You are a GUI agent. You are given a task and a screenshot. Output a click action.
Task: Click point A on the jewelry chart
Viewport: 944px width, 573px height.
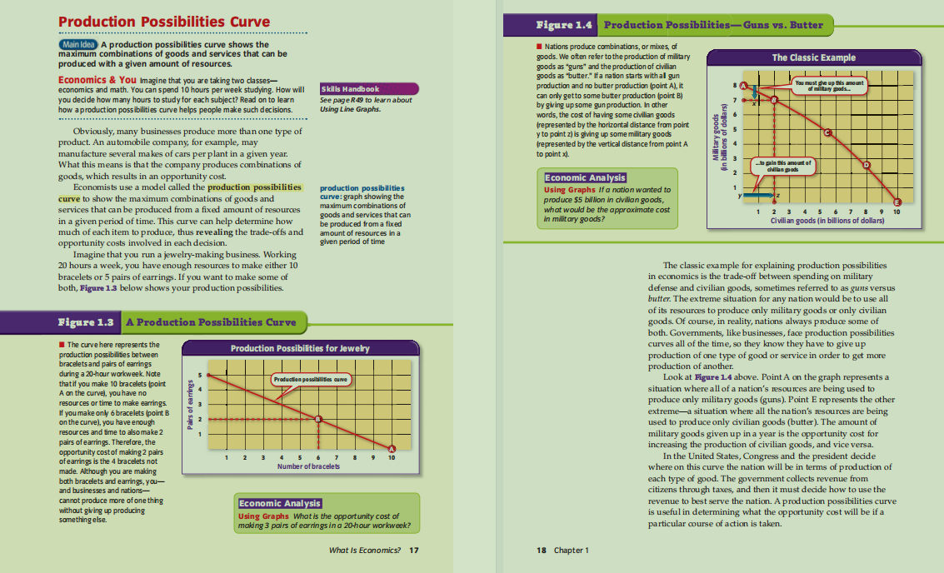392,451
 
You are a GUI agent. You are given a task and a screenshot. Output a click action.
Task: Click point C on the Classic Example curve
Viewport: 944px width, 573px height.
828,133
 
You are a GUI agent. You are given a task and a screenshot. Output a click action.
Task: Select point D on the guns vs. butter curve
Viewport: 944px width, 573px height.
866,165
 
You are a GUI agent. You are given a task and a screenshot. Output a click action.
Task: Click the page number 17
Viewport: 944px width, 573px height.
415,551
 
